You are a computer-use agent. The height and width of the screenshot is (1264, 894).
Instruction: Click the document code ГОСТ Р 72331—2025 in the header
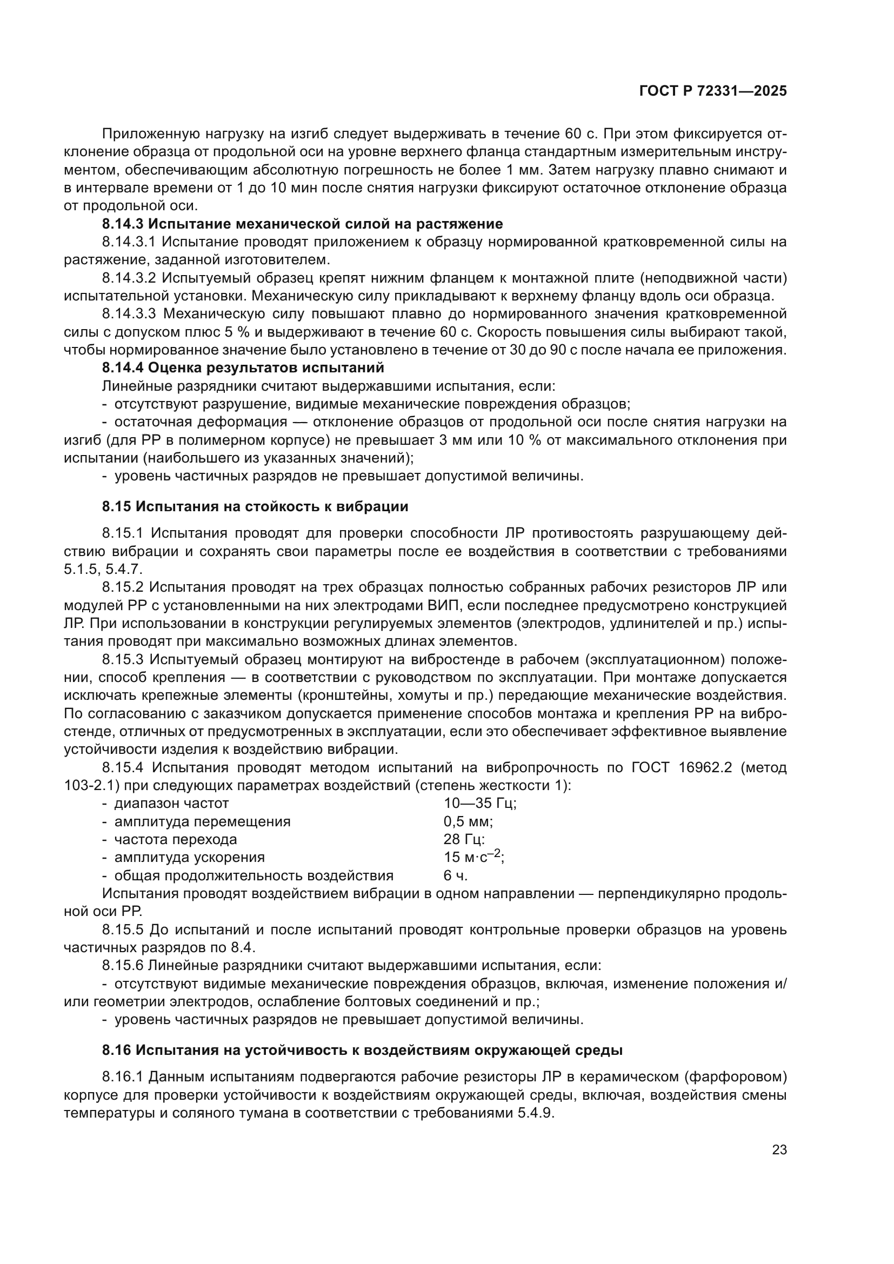(x=713, y=91)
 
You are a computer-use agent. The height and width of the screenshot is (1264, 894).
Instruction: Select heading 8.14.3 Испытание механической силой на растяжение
(x=302, y=224)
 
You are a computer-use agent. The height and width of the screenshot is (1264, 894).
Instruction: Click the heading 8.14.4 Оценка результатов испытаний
(x=243, y=368)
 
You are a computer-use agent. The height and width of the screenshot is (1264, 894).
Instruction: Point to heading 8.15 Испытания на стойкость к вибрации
(x=255, y=506)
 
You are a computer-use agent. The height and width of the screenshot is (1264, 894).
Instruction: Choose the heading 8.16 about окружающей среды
(x=362, y=1050)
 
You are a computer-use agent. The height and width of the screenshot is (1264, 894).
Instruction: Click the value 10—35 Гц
(x=480, y=803)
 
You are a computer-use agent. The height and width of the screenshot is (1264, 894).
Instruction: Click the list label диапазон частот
(x=171, y=803)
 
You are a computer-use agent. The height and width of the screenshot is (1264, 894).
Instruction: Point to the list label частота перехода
(x=176, y=840)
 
